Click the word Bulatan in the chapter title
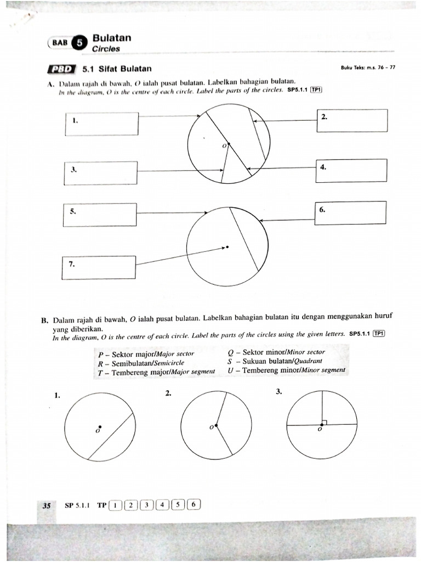click(x=112, y=38)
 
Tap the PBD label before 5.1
click(x=61, y=69)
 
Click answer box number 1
click(x=101, y=123)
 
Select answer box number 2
click(x=352, y=120)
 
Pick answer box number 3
click(x=101, y=173)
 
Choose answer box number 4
click(x=351, y=170)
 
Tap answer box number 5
click(x=100, y=214)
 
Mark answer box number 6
click(x=351, y=213)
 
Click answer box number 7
click(x=99, y=268)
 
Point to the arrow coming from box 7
click(x=181, y=256)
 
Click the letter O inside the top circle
click(x=224, y=146)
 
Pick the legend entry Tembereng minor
click(x=286, y=370)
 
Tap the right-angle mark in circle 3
click(x=325, y=422)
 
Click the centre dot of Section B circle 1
click(x=99, y=426)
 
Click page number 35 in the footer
click(x=47, y=505)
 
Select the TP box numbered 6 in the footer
click(x=195, y=505)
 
